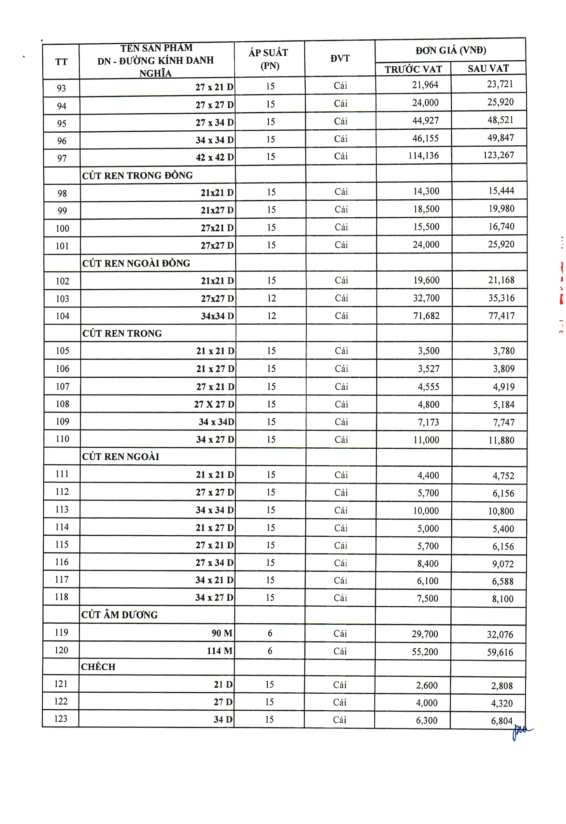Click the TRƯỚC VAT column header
[x=413, y=69]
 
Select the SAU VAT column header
[x=488, y=69]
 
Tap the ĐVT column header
[x=340, y=58]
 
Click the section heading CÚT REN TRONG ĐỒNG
[x=137, y=175]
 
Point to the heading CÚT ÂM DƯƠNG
[x=119, y=615]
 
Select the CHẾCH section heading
[x=98, y=667]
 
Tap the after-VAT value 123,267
[x=498, y=155]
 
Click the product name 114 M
[x=220, y=651]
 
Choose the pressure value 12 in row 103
[x=271, y=298]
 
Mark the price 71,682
[x=426, y=316]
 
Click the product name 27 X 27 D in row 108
[x=214, y=404]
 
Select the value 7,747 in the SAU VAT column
[x=503, y=422]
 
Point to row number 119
[x=61, y=633]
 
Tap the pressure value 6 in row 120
[x=270, y=651]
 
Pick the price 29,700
[x=425, y=634]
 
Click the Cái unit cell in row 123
[x=339, y=720]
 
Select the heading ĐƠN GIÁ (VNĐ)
[x=450, y=50]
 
